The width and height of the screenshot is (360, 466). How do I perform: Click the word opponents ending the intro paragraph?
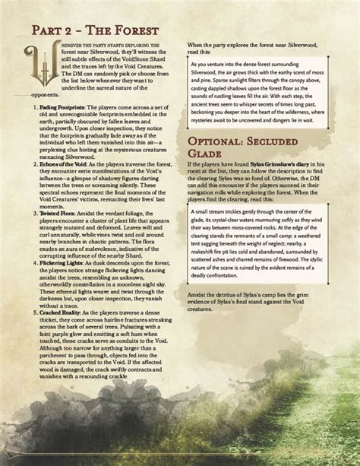coord(33,97)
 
